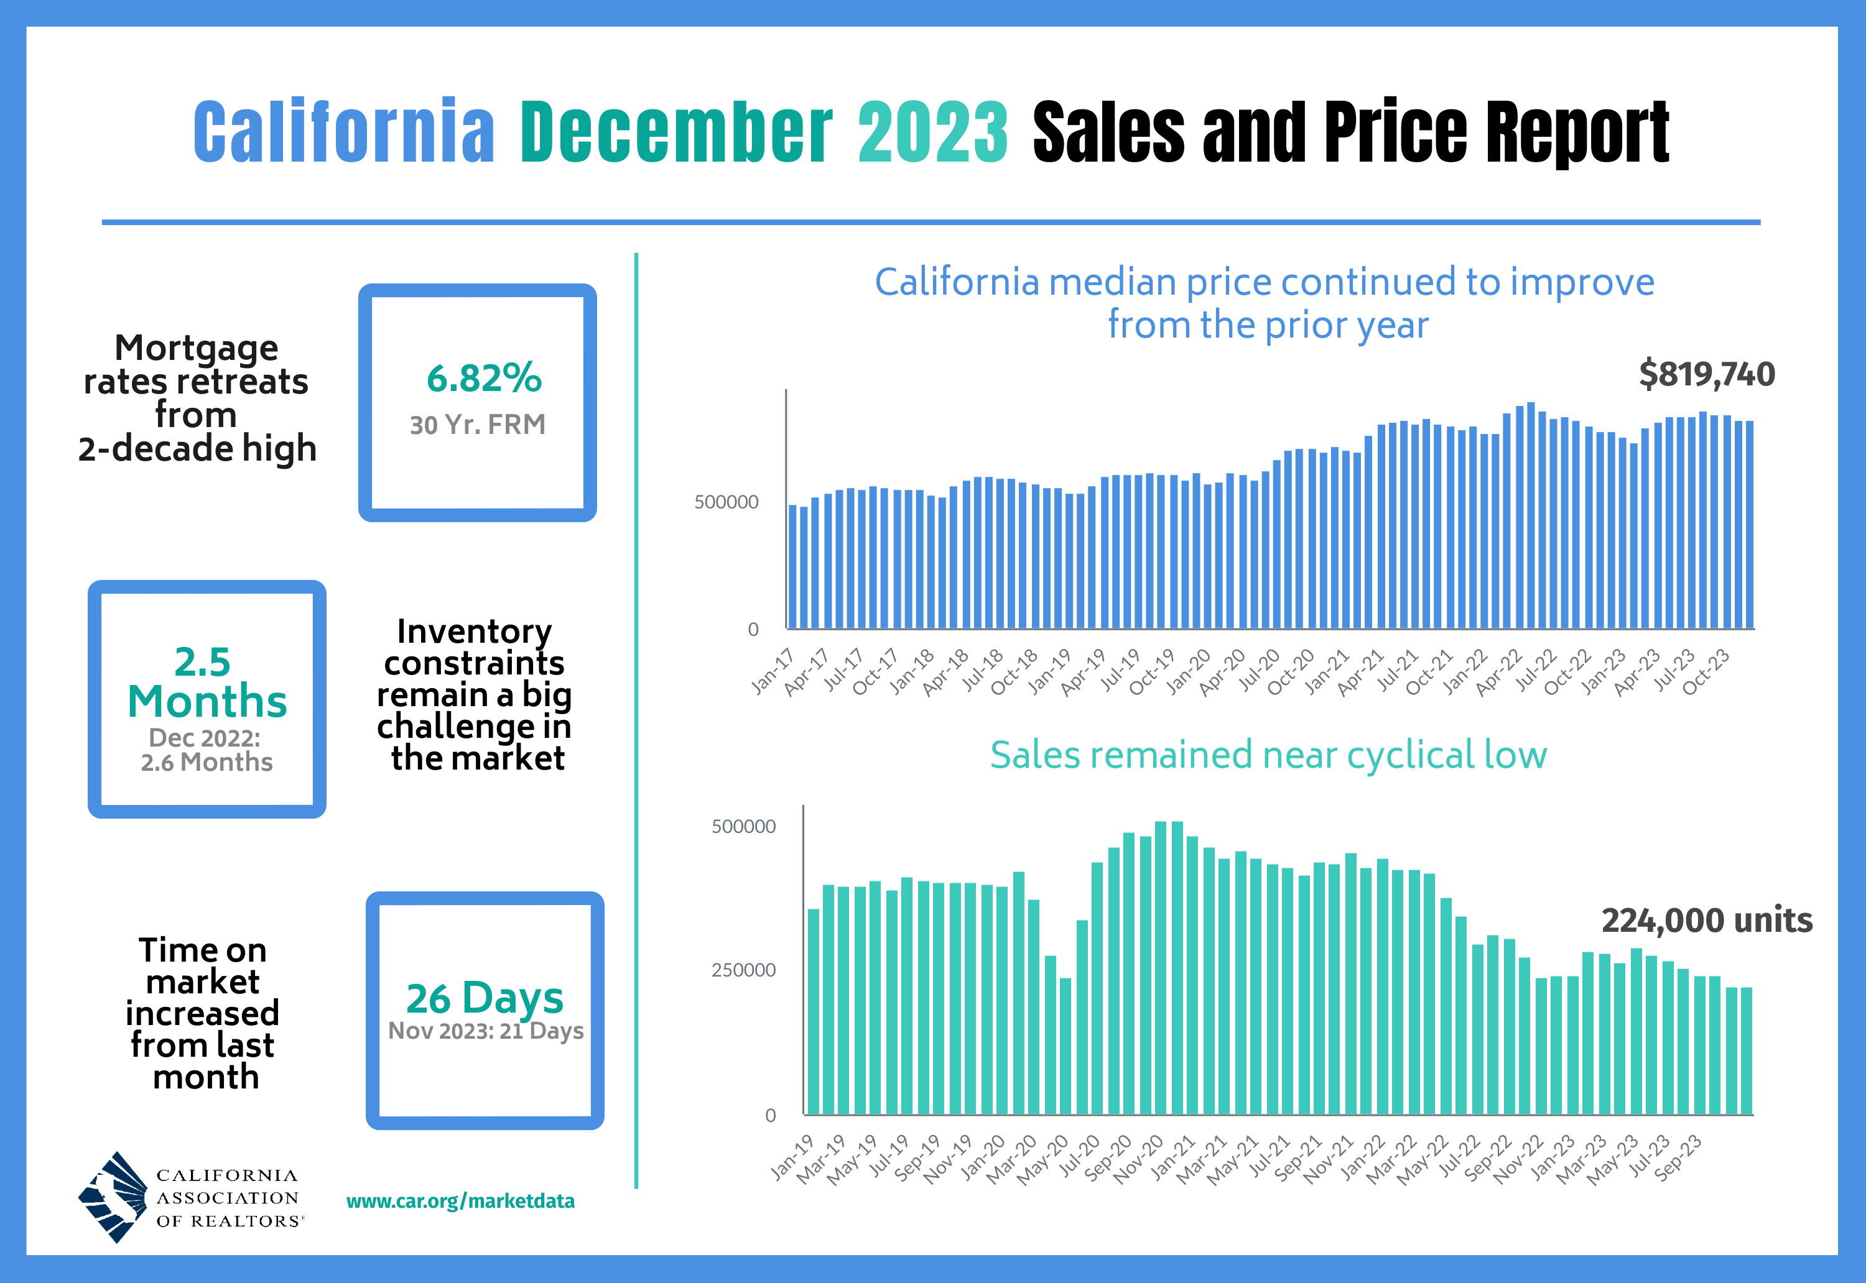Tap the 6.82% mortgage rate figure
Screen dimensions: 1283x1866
pyautogui.click(x=484, y=378)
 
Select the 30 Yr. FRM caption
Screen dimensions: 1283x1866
pyautogui.click(x=478, y=425)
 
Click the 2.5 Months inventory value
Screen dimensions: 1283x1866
pyautogui.click(x=207, y=682)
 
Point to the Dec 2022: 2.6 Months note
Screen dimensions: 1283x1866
pyautogui.click(x=207, y=750)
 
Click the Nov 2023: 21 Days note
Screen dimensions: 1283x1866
pyautogui.click(x=486, y=1031)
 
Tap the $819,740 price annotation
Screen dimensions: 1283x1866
pyautogui.click(x=1707, y=375)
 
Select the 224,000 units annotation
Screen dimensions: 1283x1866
pyautogui.click(x=1707, y=921)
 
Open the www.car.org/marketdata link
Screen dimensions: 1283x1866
pyautogui.click(x=460, y=1201)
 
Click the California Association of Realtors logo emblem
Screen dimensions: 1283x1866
pyautogui.click(x=113, y=1196)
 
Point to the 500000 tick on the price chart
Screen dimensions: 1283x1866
pyautogui.click(x=726, y=502)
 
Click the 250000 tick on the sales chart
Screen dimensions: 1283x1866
pyautogui.click(x=743, y=970)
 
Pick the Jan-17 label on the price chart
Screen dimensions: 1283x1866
pyautogui.click(x=772, y=671)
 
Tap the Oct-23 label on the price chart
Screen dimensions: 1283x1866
pyautogui.click(x=1705, y=671)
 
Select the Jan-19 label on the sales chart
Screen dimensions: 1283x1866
pyautogui.click(x=792, y=1157)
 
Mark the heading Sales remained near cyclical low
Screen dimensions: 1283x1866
pyautogui.click(x=1268, y=756)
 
